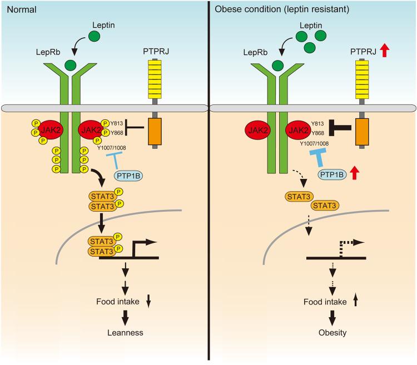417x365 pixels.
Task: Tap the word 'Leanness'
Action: point(125,332)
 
